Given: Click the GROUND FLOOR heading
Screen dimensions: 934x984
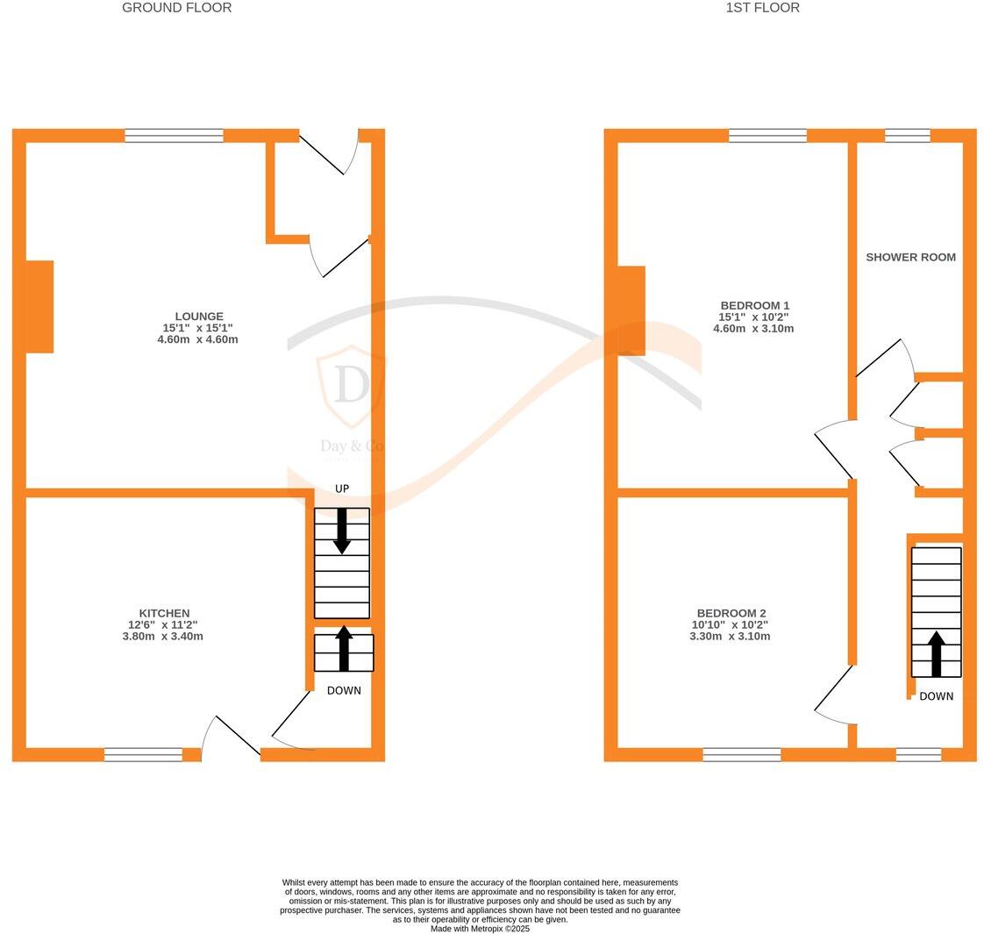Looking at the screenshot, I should [176, 8].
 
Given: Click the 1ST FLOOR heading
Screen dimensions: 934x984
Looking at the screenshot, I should [762, 8].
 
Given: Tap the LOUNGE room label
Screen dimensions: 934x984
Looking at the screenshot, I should [199, 317].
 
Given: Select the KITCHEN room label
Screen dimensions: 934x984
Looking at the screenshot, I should [164, 613].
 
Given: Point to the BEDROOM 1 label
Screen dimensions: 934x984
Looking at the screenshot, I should [753, 305].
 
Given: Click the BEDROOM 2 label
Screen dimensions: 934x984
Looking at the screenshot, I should [731, 613].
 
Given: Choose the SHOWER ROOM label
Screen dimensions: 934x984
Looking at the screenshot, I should [910, 257].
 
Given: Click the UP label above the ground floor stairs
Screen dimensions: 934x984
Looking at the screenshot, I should [342, 488].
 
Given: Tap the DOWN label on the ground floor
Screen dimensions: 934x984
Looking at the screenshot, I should [344, 690].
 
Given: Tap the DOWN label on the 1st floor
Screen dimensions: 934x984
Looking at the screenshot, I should [936, 696].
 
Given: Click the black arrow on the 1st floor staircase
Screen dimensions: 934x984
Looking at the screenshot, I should [936, 653].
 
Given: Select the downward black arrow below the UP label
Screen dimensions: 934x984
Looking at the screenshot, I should [342, 531].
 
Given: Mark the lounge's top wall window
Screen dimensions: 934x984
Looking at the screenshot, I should [174, 135].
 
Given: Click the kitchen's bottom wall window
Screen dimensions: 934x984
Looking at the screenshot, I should [143, 754].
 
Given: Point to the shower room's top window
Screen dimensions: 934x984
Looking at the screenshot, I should [907, 135].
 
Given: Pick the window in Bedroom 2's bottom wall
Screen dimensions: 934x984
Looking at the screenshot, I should [741, 754].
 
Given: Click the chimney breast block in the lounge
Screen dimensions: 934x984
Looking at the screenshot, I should [39, 307].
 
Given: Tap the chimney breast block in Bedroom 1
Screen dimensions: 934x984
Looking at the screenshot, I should [631, 310].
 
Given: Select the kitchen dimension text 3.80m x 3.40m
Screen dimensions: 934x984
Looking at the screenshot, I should [162, 636].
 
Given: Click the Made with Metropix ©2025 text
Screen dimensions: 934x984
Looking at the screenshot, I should [480, 929].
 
